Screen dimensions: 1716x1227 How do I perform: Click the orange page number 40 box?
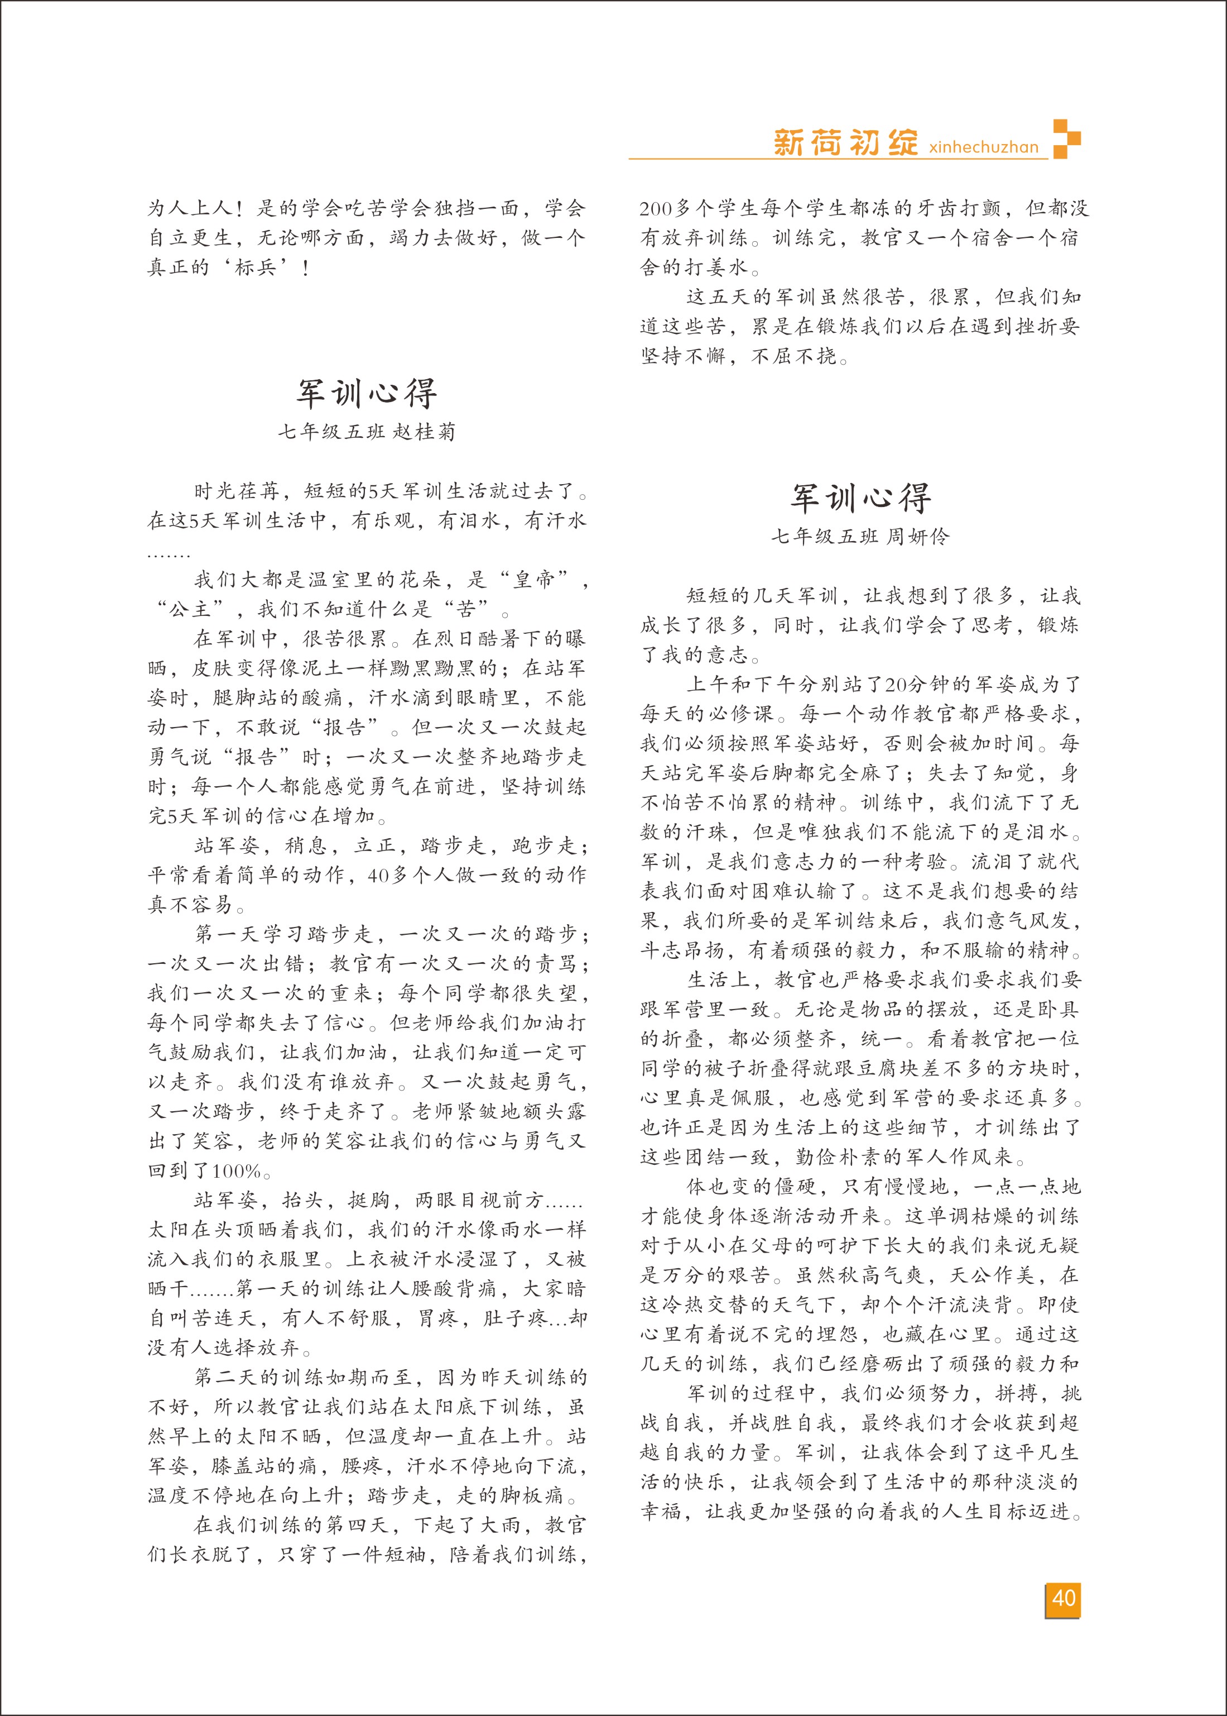1063,1599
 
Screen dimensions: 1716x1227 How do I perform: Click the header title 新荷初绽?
845,142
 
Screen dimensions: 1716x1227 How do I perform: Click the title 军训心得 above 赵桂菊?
367,393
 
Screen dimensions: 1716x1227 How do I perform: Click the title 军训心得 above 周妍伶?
860,498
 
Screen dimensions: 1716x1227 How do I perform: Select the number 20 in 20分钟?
896,685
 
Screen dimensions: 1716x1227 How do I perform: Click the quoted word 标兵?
256,267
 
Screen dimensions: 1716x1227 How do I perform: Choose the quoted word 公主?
190,609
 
